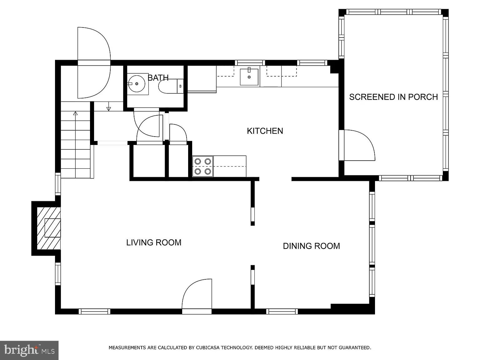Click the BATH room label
pyautogui.click(x=158, y=77)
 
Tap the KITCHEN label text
pyautogui.click(x=265, y=131)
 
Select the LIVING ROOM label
pyautogui.click(x=154, y=242)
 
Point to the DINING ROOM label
pyautogui.click(x=311, y=246)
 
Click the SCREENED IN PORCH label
pyautogui.click(x=393, y=97)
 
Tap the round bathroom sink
pyautogui.click(x=137, y=83)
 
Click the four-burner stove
pyautogui.click(x=202, y=166)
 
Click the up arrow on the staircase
pyautogui.click(x=75, y=114)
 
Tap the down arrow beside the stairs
pyautogui.click(x=108, y=108)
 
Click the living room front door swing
pyautogui.click(x=197, y=295)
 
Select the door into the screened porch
pyautogui.click(x=358, y=145)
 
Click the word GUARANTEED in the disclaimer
pyautogui.click(x=355, y=347)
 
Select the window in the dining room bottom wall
pyautogui.click(x=282, y=311)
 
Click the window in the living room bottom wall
pyautogui.click(x=94, y=311)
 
